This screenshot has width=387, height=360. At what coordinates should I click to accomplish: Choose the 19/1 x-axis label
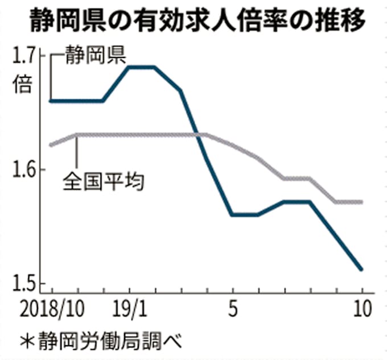(130, 310)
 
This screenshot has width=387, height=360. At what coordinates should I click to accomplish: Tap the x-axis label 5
(232, 310)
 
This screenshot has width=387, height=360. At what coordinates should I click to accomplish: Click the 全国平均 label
(103, 183)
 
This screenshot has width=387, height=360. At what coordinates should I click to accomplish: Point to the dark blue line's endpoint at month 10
(361, 269)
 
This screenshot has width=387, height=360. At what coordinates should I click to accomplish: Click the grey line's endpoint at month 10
(361, 202)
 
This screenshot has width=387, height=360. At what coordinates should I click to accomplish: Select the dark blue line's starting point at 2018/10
(51, 101)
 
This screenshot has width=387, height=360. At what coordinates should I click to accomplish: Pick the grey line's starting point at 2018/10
(51, 145)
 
